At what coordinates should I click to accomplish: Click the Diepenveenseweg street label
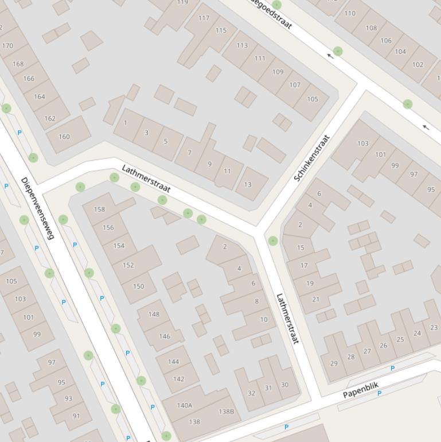click(x=37, y=208)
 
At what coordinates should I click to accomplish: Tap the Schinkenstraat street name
click(x=313, y=158)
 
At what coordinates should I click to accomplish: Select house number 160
click(x=64, y=137)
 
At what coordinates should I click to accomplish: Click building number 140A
click(x=185, y=405)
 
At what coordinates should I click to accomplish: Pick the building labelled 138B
click(x=227, y=411)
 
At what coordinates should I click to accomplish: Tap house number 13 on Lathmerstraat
click(x=248, y=184)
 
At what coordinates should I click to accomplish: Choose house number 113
click(x=242, y=45)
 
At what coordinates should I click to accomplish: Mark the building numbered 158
click(x=99, y=209)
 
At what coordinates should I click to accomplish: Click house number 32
click(x=251, y=393)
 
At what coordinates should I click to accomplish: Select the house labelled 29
click(x=334, y=363)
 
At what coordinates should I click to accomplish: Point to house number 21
click(x=315, y=299)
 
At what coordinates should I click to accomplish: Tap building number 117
click(x=204, y=18)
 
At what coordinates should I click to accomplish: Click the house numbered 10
click(x=264, y=320)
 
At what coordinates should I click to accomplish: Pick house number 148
click(x=154, y=314)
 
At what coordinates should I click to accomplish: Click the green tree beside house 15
click(x=273, y=241)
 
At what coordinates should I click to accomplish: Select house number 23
click(x=434, y=327)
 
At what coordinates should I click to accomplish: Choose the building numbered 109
click(x=278, y=72)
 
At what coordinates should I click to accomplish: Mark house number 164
click(x=39, y=96)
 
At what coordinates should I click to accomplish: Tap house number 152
click(x=128, y=265)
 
